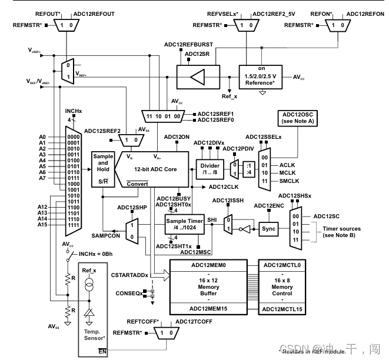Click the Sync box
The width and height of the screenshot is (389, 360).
tap(269, 229)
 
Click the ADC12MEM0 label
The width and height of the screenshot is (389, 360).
tap(208, 265)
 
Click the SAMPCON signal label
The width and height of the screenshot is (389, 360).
tap(106, 235)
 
